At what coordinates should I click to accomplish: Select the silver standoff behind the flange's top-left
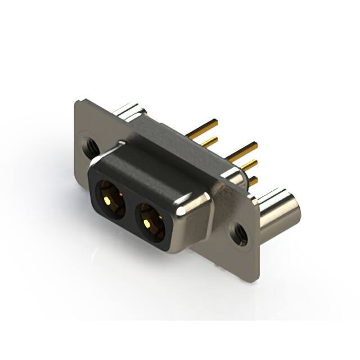pos(130,111)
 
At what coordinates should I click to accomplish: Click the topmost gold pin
pos(202,128)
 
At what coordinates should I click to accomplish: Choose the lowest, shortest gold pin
pos(253,181)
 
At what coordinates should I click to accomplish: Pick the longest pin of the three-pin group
pos(242,151)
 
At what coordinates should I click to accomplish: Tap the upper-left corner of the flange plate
pos(79,103)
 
